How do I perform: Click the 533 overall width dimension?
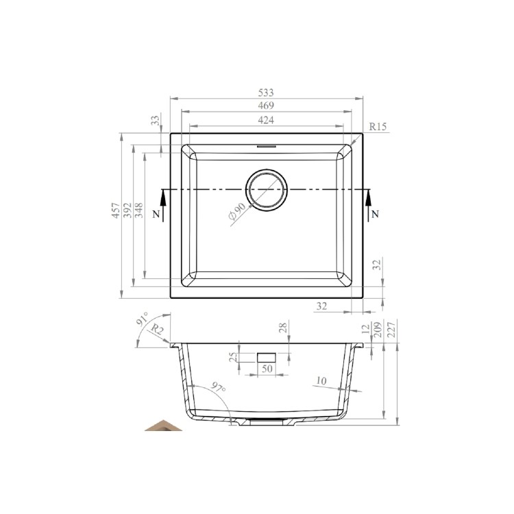click(266, 92)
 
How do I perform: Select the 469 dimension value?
click(266, 106)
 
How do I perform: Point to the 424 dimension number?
click(266, 120)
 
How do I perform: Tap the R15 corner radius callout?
click(378, 127)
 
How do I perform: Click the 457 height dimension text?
click(117, 210)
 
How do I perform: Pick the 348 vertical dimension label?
click(139, 210)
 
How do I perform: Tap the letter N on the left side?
click(157, 215)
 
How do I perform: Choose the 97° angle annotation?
click(218, 387)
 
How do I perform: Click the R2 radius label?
click(157, 330)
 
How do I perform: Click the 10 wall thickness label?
click(321, 380)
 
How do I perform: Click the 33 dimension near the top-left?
click(155, 120)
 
